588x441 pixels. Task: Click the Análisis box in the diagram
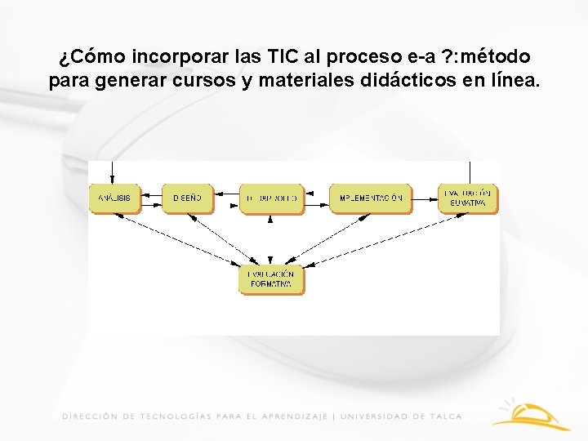[x=115, y=198]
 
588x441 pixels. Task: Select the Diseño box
[x=188, y=198]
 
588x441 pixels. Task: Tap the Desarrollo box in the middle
[x=272, y=198]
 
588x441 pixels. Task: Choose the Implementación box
[x=370, y=198]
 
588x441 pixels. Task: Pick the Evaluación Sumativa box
[x=468, y=198]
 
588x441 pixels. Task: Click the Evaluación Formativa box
[x=271, y=278]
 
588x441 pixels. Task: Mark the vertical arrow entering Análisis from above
[x=115, y=171]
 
